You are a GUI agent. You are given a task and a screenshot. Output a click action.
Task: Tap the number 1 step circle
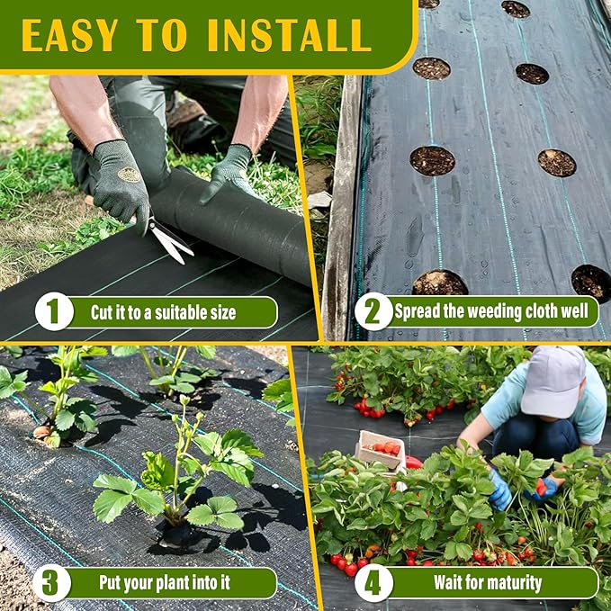tap(53, 312)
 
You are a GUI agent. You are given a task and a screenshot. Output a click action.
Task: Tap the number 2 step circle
tap(373, 312)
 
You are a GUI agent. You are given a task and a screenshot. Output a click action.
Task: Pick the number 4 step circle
tap(373, 582)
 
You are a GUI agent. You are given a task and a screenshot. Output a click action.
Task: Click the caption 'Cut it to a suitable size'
tap(164, 313)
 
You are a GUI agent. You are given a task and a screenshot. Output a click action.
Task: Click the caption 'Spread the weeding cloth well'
tap(494, 312)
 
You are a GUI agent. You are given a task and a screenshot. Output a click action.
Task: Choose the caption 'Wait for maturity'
tap(488, 583)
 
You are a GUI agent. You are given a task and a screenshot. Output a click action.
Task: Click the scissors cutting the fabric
tap(166, 238)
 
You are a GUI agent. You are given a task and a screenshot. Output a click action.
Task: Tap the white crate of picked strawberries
tap(381, 450)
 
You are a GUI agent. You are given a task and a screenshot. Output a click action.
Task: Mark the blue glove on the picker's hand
tap(500, 491)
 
